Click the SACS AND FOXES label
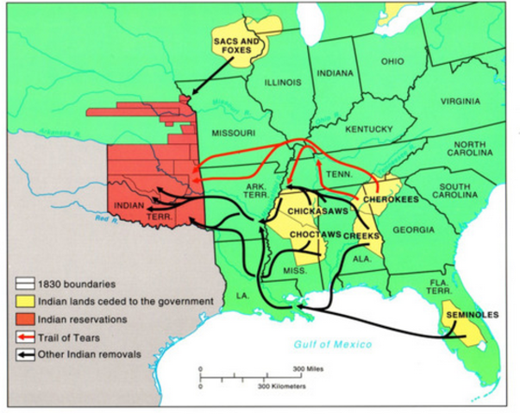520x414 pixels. tap(235, 45)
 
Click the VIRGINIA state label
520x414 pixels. tap(460, 101)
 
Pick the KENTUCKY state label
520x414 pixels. tap(369, 129)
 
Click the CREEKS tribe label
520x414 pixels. tap(362, 235)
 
